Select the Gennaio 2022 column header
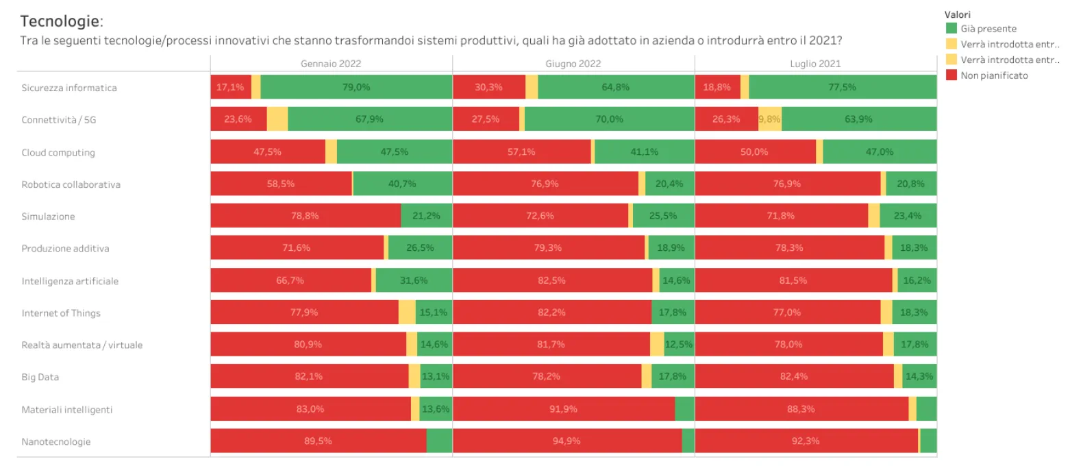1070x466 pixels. (x=331, y=63)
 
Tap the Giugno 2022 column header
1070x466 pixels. (x=573, y=63)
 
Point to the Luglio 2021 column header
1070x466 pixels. (x=815, y=63)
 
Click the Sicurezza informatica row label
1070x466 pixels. (x=69, y=88)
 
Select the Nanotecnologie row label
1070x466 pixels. (x=56, y=442)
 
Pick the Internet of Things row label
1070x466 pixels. (x=61, y=313)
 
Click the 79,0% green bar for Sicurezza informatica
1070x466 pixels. (x=356, y=87)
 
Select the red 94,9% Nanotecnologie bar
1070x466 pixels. (x=567, y=441)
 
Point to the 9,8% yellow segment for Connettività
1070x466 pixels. (x=769, y=119)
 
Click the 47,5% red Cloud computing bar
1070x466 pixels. (x=268, y=151)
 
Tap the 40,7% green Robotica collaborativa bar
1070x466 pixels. (x=402, y=184)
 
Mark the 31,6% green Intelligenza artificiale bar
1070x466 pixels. (x=414, y=280)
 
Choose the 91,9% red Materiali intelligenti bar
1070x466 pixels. (x=564, y=409)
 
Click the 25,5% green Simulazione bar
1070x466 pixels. (x=662, y=216)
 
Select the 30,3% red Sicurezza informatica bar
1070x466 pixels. (x=488, y=87)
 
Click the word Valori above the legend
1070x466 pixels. (x=958, y=14)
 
